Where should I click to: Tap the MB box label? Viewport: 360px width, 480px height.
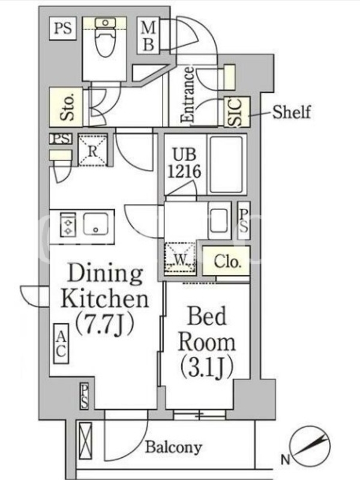tap(148, 36)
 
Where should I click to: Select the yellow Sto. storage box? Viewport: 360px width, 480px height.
tap(66, 107)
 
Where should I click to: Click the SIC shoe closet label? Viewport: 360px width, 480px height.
tap(236, 112)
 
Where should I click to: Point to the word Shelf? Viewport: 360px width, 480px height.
tap(292, 112)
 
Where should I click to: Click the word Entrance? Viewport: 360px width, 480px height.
tap(187, 95)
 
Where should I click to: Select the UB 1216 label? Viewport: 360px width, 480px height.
tap(185, 163)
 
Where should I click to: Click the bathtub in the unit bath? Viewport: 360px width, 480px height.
tap(227, 164)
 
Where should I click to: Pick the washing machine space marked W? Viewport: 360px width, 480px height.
tap(180, 258)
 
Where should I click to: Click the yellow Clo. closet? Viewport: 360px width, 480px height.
tap(226, 261)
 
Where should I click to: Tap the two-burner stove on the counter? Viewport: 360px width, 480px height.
tap(68, 224)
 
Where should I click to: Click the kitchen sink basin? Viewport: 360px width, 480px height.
tap(96, 224)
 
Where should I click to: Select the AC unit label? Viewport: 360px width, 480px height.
tap(61, 344)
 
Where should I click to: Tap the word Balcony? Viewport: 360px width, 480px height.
tap(173, 447)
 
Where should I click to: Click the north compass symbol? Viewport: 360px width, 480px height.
tap(310, 446)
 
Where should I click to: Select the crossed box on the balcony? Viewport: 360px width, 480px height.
tap(85, 440)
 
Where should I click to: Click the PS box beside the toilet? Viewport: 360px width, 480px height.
tap(63, 28)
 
